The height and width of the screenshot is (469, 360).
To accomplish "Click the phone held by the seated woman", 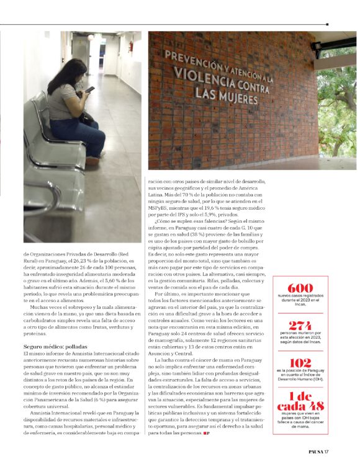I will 91,89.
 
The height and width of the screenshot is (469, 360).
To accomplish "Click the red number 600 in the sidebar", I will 300,288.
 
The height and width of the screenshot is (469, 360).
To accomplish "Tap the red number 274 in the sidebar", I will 300,324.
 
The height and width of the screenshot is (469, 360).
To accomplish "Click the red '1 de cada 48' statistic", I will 300,403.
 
